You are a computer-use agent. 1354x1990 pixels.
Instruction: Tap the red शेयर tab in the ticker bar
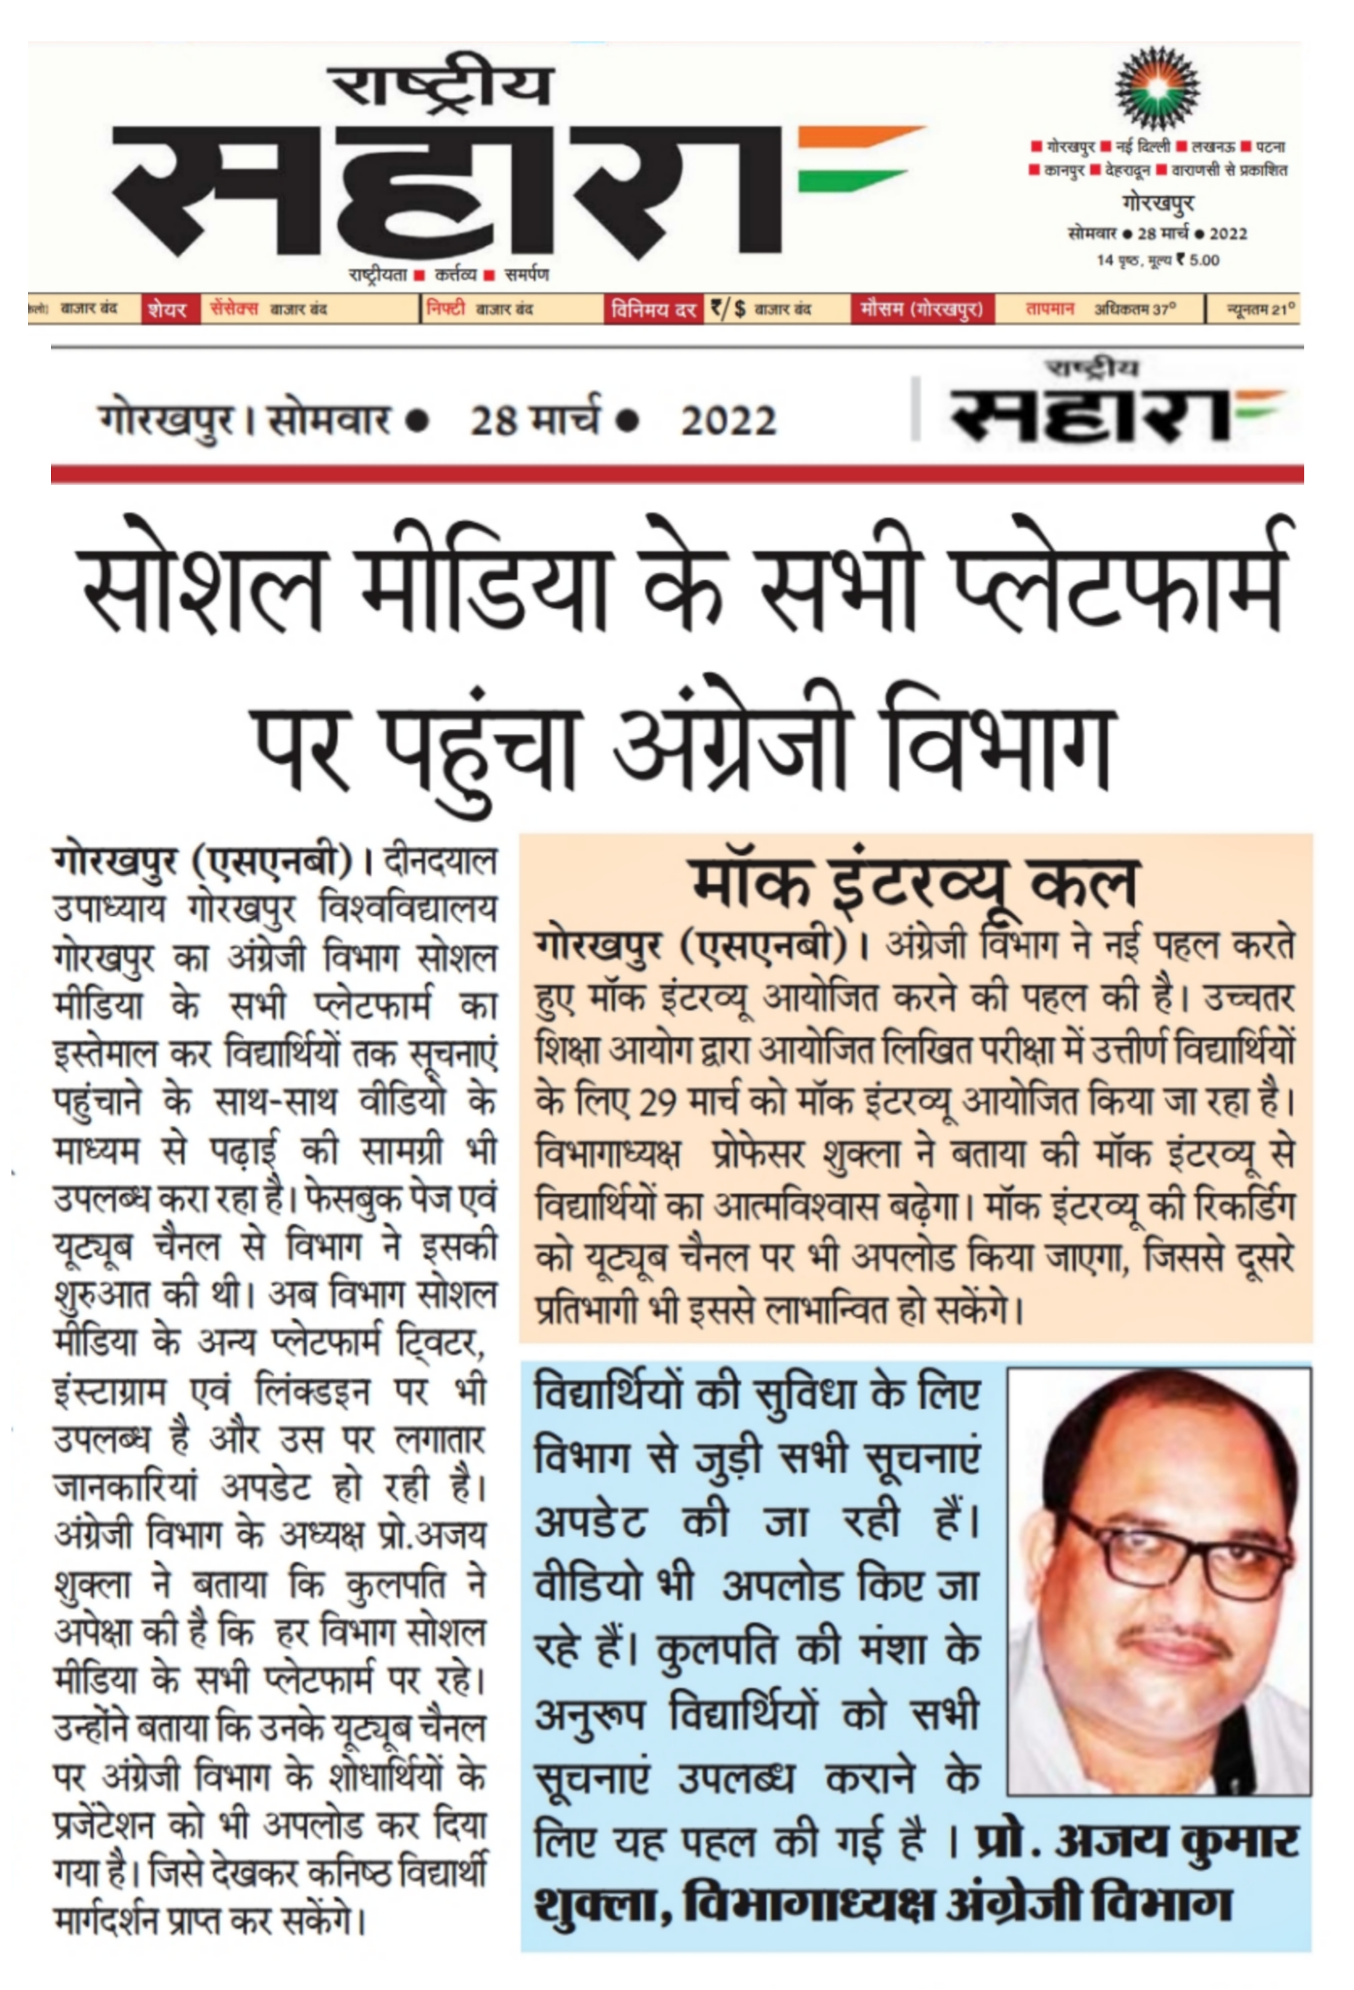click(x=166, y=309)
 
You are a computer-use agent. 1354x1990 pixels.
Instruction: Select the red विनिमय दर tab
click(x=653, y=309)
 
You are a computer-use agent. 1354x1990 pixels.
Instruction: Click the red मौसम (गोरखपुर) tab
click(x=922, y=309)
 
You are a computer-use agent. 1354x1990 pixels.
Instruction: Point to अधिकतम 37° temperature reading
click(x=1135, y=309)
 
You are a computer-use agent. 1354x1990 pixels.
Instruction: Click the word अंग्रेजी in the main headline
click(x=729, y=740)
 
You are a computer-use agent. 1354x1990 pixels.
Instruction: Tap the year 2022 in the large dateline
click(x=728, y=421)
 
